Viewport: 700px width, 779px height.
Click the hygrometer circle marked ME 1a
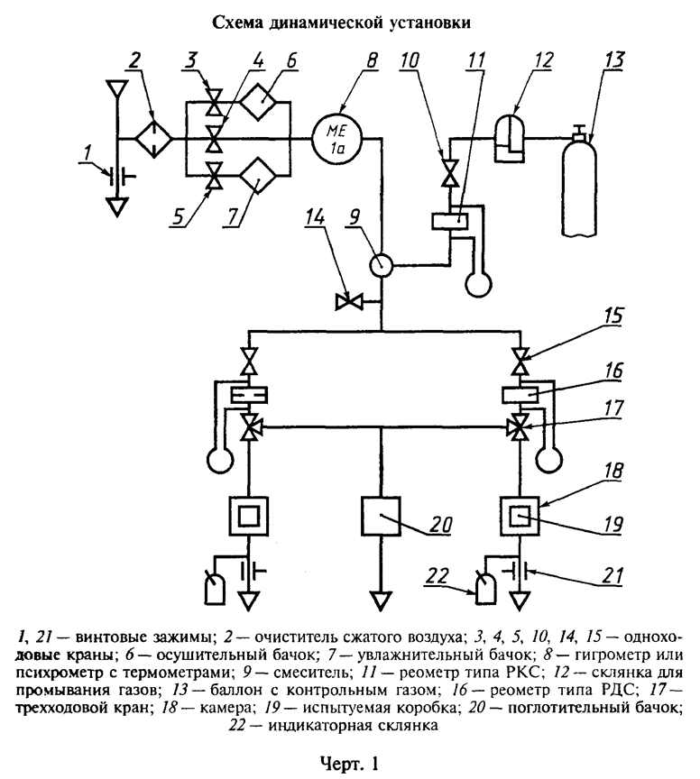[x=338, y=139]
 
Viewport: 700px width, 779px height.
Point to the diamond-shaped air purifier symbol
[x=154, y=140]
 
